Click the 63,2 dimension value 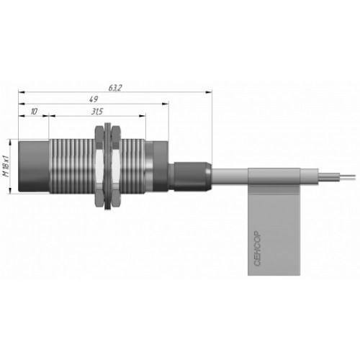(x=115, y=88)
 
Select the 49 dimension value (x=94, y=99)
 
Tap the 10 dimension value (x=34, y=112)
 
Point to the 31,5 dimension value (x=97, y=112)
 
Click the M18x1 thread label (x=6, y=166)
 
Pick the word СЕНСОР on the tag (x=257, y=248)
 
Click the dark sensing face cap (x=34, y=166)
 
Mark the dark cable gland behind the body (x=192, y=177)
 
